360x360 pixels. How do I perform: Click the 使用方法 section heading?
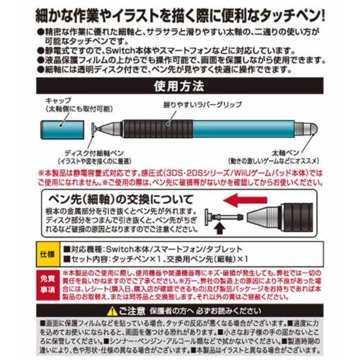tap(179, 84)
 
